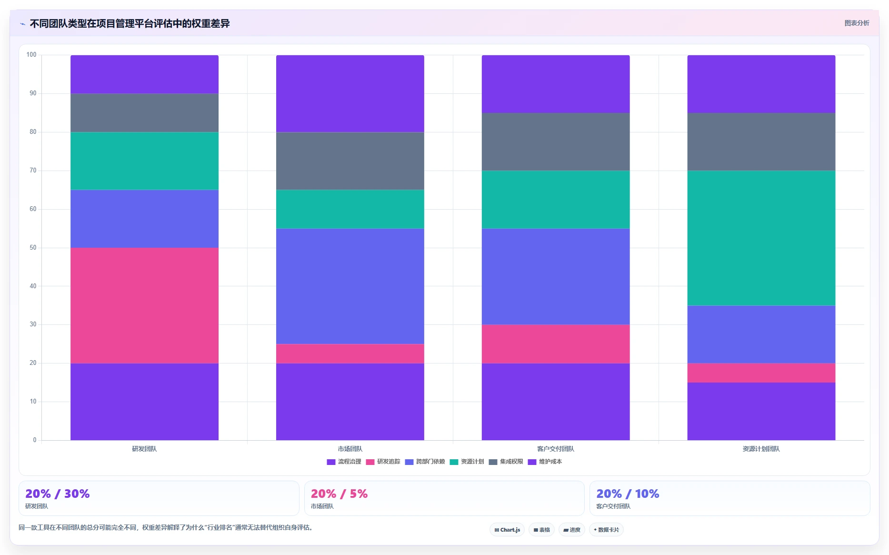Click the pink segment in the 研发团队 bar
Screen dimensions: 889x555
[144, 305]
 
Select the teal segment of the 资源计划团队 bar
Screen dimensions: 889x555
[761, 238]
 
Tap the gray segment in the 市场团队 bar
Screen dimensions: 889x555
[350, 161]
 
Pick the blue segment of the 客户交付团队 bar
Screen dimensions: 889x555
[556, 276]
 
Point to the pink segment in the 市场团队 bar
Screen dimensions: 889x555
[350, 353]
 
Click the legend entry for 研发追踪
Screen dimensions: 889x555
[383, 462]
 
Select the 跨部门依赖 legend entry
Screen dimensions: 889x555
[425, 462]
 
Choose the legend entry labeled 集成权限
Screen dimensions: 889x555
[506, 462]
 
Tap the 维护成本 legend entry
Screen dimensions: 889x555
[545, 462]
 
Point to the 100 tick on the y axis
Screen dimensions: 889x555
[31, 55]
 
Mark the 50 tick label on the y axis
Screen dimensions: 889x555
[33, 248]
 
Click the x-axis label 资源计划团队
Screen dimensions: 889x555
[761, 449]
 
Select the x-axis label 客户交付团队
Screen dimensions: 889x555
[556, 449]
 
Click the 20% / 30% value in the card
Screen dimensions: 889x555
[57, 494]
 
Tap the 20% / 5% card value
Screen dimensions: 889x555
[339, 494]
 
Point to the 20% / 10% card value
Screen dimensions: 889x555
[628, 494]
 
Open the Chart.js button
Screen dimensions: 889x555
[507, 530]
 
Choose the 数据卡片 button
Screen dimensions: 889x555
[606, 530]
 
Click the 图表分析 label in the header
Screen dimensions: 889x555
[857, 23]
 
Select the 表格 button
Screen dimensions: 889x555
[541, 530]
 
